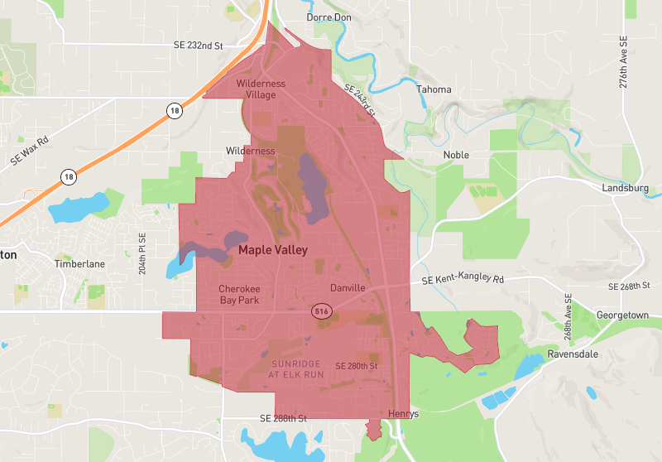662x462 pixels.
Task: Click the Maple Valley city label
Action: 272,249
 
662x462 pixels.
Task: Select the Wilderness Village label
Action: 261,89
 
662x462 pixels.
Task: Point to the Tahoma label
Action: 434,89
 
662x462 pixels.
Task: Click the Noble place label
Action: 456,155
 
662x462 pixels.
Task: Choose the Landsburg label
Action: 626,189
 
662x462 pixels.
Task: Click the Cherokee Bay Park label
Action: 239,294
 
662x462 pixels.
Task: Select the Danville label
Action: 348,288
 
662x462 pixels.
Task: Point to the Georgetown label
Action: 624,315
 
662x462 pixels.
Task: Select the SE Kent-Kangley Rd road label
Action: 463,280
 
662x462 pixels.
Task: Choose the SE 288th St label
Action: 283,419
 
